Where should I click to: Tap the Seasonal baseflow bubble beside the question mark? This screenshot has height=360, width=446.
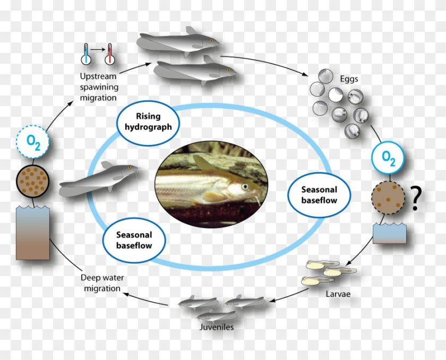tap(319, 195)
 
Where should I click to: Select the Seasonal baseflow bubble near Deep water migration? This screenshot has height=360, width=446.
tap(134, 240)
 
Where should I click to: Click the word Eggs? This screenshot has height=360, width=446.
tap(348, 79)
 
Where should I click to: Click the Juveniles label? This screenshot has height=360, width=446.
tap(216, 327)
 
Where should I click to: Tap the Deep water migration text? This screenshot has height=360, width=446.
tap(100, 282)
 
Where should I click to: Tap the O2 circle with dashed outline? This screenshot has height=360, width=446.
tap(32, 142)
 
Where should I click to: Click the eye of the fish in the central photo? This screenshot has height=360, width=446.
tap(245, 186)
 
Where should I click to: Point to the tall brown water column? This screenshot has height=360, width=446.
tap(32, 233)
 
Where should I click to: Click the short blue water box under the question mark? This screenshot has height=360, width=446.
tap(389, 233)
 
